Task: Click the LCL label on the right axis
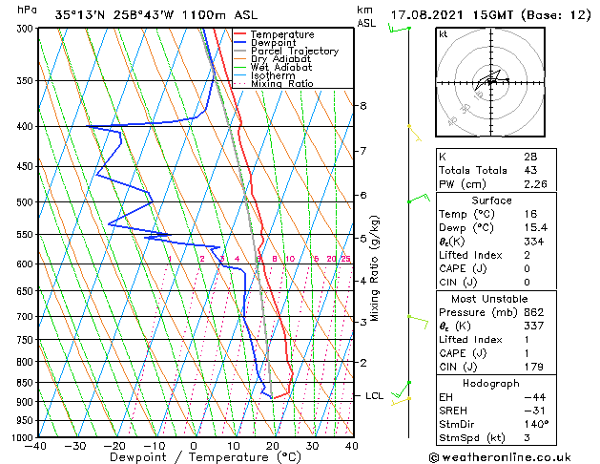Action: pos(374,395)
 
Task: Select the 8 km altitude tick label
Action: pos(363,105)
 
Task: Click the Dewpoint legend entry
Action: pos(276,43)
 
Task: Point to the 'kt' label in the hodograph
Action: pos(444,34)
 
